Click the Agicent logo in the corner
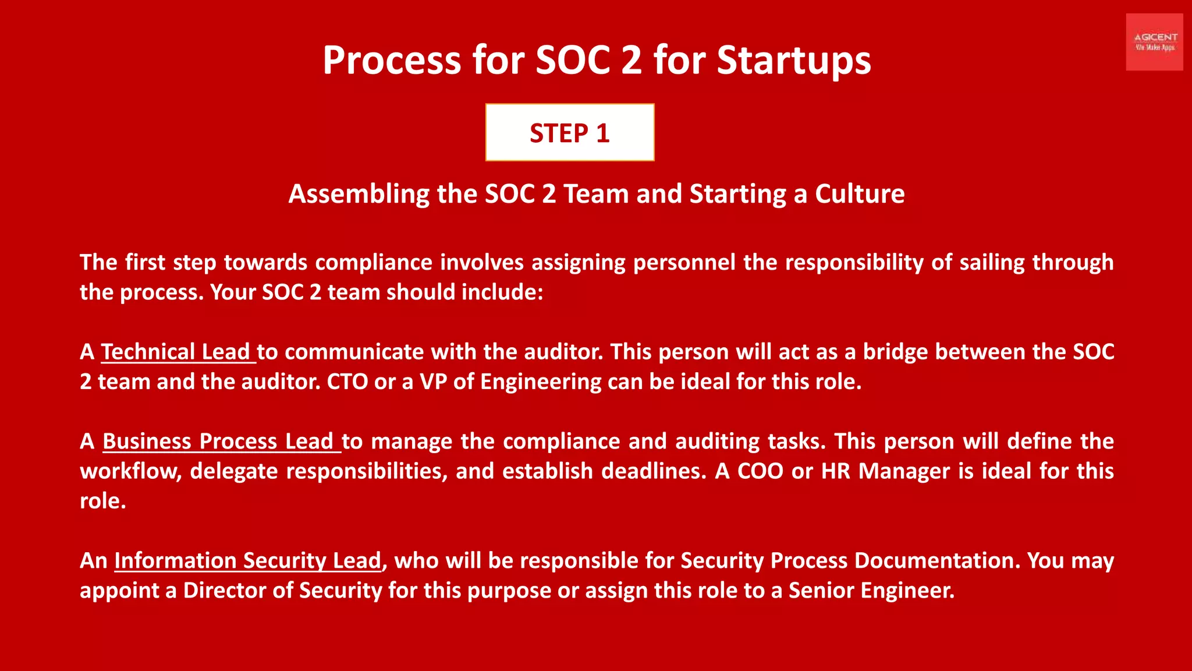tap(1154, 42)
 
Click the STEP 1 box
tap(569, 132)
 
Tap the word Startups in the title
tap(793, 60)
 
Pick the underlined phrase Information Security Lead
tap(247, 560)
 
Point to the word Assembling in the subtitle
tap(359, 194)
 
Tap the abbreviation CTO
tap(347, 382)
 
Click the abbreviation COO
tap(760, 471)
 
